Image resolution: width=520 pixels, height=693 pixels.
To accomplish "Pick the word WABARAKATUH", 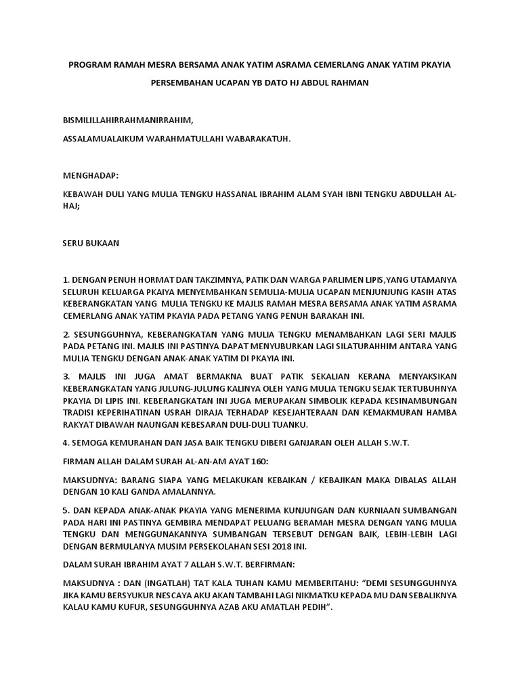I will coord(261,138).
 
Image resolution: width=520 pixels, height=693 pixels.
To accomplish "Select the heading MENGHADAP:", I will coord(90,175).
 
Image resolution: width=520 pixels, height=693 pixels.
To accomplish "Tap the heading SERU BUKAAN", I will coord(91,244).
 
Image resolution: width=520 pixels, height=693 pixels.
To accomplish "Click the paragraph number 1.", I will coord(66,279).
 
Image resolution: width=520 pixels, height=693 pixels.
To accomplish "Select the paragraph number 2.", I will coord(66,335).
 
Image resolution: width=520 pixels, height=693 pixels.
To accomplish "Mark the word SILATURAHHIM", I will coord(366,346).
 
